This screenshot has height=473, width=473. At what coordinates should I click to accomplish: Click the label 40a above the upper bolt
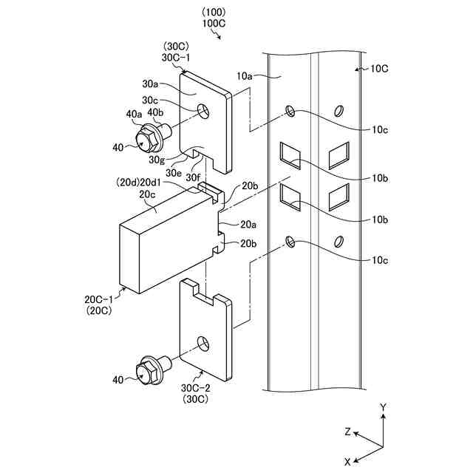[x=134, y=113]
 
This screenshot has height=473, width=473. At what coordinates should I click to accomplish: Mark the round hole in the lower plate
[x=201, y=343]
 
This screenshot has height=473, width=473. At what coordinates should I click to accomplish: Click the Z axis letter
[x=347, y=432]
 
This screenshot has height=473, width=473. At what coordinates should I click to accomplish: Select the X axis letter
[x=347, y=460]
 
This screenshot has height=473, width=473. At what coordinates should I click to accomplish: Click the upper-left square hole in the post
[x=287, y=154]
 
